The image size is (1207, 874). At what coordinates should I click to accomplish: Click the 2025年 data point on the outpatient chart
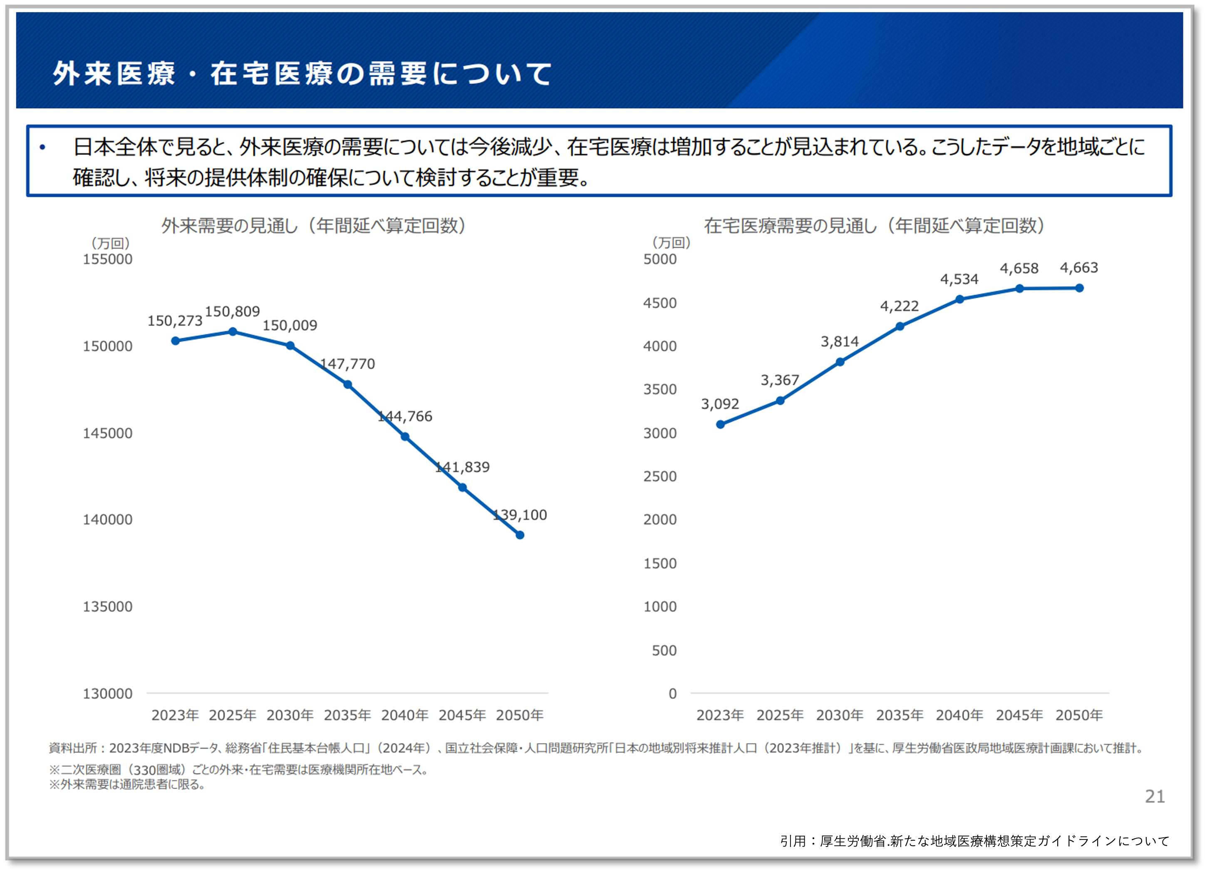pos(233,332)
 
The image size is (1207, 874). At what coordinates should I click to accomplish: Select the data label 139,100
pos(520,515)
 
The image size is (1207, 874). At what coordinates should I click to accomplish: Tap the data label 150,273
pos(175,321)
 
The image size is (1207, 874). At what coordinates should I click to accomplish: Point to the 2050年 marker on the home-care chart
pos(1079,288)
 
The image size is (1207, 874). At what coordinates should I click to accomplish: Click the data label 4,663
pos(1079,267)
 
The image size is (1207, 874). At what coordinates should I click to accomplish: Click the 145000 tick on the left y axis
pos(107,433)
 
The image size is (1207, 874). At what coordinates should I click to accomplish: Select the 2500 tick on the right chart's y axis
pos(659,476)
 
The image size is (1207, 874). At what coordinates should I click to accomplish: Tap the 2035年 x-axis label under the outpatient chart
pos(347,715)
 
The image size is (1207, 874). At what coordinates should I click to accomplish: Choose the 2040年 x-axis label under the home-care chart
pos(959,715)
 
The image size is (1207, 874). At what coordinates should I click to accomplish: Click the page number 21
pos(1155,796)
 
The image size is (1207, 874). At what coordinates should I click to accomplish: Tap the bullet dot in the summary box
pos(42,147)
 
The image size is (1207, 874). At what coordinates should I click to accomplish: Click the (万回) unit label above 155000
pos(110,244)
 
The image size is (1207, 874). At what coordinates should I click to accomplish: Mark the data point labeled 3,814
pos(840,362)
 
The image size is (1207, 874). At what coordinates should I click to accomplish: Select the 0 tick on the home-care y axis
pos(672,693)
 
